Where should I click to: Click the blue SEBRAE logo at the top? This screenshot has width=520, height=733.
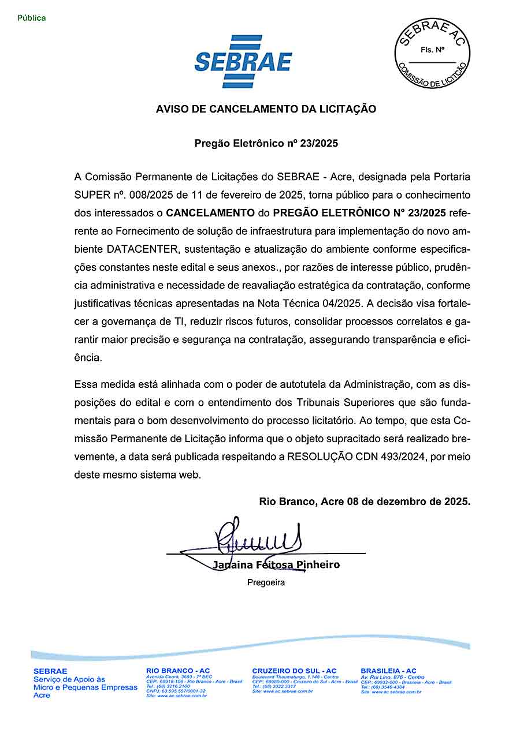[x=243, y=61]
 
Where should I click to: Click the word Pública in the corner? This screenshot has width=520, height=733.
[x=32, y=18]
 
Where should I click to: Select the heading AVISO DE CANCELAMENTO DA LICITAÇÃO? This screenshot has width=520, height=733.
[x=266, y=109]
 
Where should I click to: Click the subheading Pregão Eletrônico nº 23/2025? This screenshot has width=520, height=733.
[x=266, y=143]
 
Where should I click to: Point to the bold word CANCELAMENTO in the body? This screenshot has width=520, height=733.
[x=210, y=213]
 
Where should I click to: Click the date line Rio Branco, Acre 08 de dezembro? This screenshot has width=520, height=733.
[x=365, y=502]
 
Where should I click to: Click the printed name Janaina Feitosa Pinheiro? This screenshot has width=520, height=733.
[x=276, y=564]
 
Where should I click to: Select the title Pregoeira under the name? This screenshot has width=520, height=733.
[x=266, y=582]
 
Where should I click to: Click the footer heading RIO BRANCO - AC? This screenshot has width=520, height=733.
[x=178, y=671]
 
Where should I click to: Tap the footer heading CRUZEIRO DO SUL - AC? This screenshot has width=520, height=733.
[x=294, y=671]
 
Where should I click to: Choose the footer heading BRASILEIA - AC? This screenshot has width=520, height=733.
[x=388, y=671]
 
